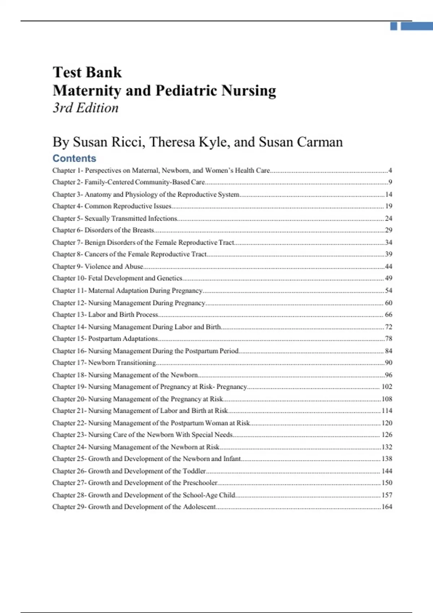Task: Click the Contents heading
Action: coord(74,158)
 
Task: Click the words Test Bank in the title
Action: coord(87,72)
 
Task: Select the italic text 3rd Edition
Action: coord(86,108)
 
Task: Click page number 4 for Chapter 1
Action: coord(390,170)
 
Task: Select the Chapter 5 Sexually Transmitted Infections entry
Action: coord(115,218)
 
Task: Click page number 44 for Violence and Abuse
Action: coord(388,266)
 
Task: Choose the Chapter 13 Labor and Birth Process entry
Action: coord(105,314)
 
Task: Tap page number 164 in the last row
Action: coord(387,507)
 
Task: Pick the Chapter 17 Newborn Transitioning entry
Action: coord(104,362)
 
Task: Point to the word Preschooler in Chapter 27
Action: coord(200,482)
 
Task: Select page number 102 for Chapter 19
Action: coord(387,387)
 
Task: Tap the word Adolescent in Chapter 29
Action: coord(199,507)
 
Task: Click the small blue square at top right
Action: coord(394,26)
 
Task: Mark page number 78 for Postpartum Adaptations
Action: coord(388,339)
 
